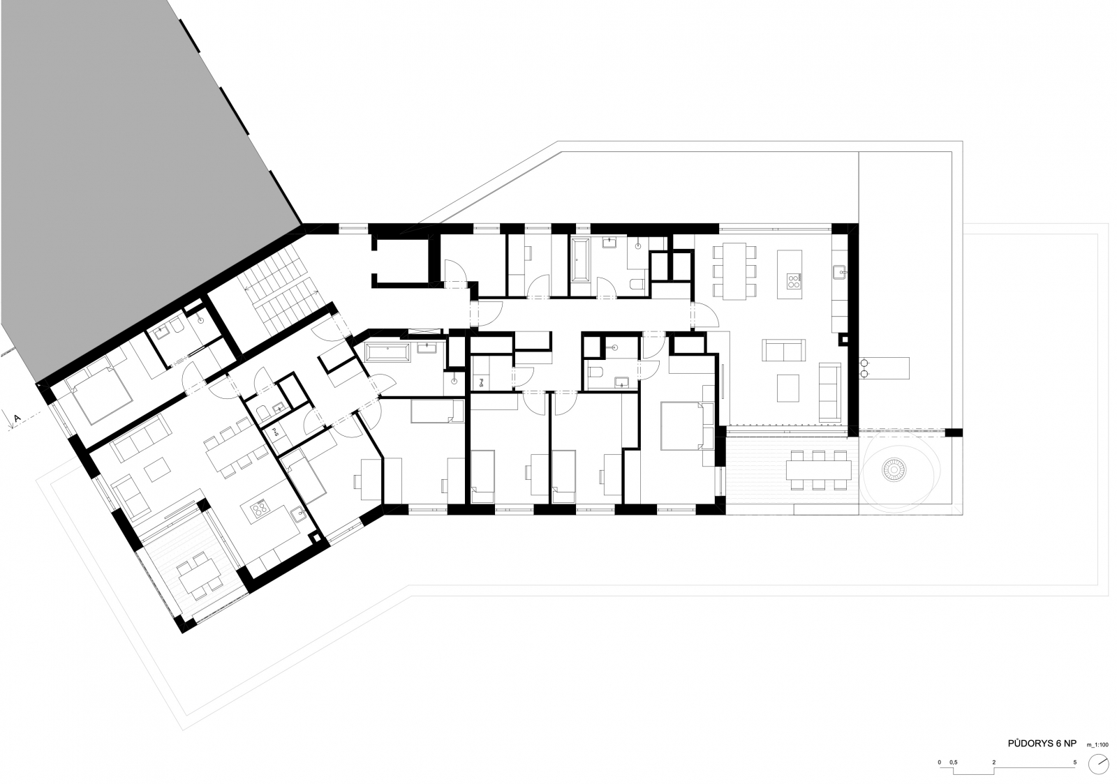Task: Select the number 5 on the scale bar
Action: coord(1074,762)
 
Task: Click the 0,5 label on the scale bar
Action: coord(954,762)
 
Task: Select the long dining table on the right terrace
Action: coord(819,470)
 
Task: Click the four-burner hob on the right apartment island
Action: coord(793,281)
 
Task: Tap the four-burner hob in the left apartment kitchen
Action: coord(260,508)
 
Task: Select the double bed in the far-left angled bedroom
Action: coord(98,392)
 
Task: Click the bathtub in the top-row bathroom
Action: coord(580,260)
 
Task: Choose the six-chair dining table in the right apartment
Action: coord(735,271)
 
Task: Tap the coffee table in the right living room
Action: coord(788,388)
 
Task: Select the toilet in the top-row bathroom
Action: coord(637,285)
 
